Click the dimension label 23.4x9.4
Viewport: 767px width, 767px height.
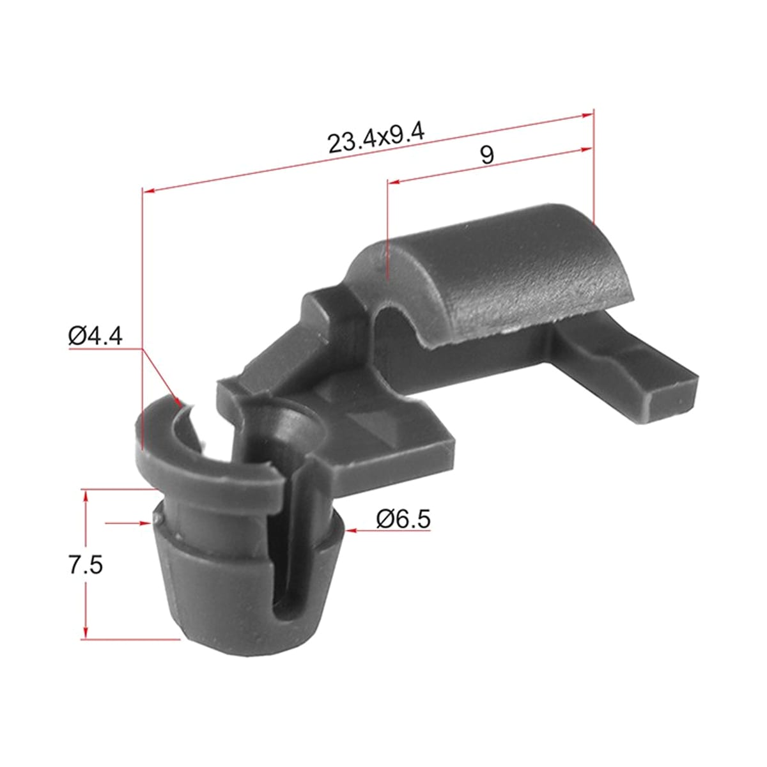376,139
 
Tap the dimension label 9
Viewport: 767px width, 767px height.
487,155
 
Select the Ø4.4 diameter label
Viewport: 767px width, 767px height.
95,336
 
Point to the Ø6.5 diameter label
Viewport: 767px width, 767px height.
403,520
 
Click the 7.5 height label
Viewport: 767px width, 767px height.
86,565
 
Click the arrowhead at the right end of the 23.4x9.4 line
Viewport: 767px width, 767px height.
587,116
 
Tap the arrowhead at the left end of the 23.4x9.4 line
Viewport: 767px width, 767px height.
149,190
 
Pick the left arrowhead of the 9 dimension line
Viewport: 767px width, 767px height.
394,182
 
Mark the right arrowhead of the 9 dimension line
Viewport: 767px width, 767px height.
587,150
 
